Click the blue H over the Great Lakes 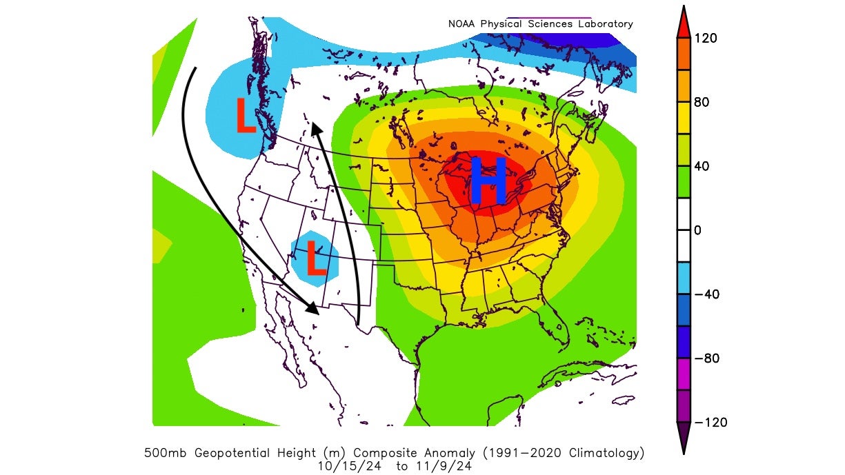coord(488,181)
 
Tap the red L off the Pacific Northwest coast coord(246,116)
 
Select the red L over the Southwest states coord(315,258)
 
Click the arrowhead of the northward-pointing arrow coord(315,130)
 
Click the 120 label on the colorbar coord(706,38)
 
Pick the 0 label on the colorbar coord(697,230)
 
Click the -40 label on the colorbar coord(706,294)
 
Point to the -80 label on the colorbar coord(706,358)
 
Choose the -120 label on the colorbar coord(709,423)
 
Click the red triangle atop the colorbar coord(684,21)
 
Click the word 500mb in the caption coord(163,453)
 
